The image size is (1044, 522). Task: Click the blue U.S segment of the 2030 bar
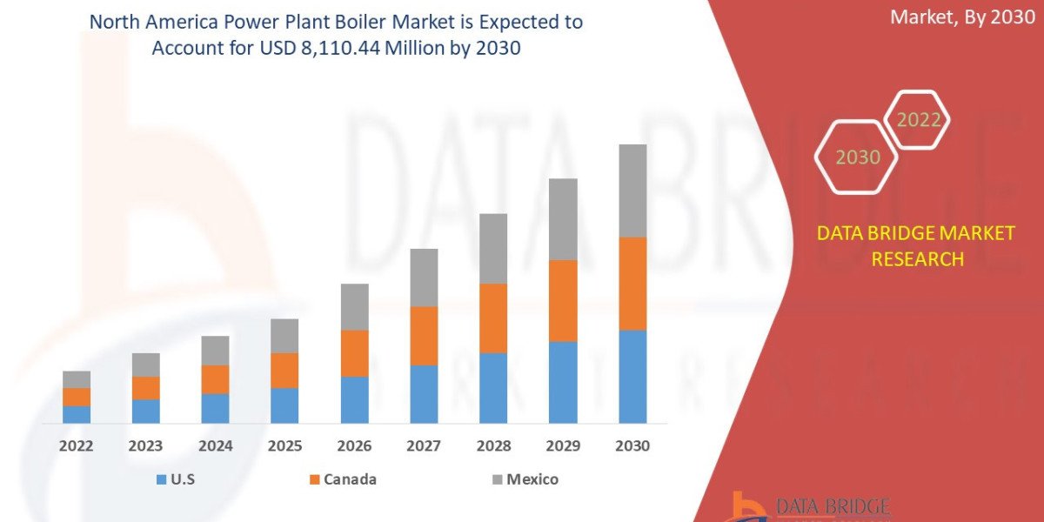tap(632, 376)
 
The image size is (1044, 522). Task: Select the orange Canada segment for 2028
tap(493, 318)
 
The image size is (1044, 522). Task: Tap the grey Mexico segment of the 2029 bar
tap(563, 219)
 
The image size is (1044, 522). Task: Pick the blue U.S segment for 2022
tap(77, 414)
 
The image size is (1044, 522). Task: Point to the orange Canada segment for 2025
tap(284, 370)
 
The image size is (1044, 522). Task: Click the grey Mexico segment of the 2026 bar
tap(354, 306)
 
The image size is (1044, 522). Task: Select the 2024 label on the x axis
tap(215, 446)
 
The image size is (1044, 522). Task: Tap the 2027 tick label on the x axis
tap(424, 446)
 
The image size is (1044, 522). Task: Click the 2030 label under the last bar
tap(632, 446)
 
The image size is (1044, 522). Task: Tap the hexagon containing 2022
tap(918, 120)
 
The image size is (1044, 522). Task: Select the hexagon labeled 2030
tap(856, 157)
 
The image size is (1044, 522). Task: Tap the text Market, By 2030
tap(962, 17)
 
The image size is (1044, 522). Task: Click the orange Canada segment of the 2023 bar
tap(145, 388)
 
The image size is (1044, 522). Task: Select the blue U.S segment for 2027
tap(424, 394)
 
